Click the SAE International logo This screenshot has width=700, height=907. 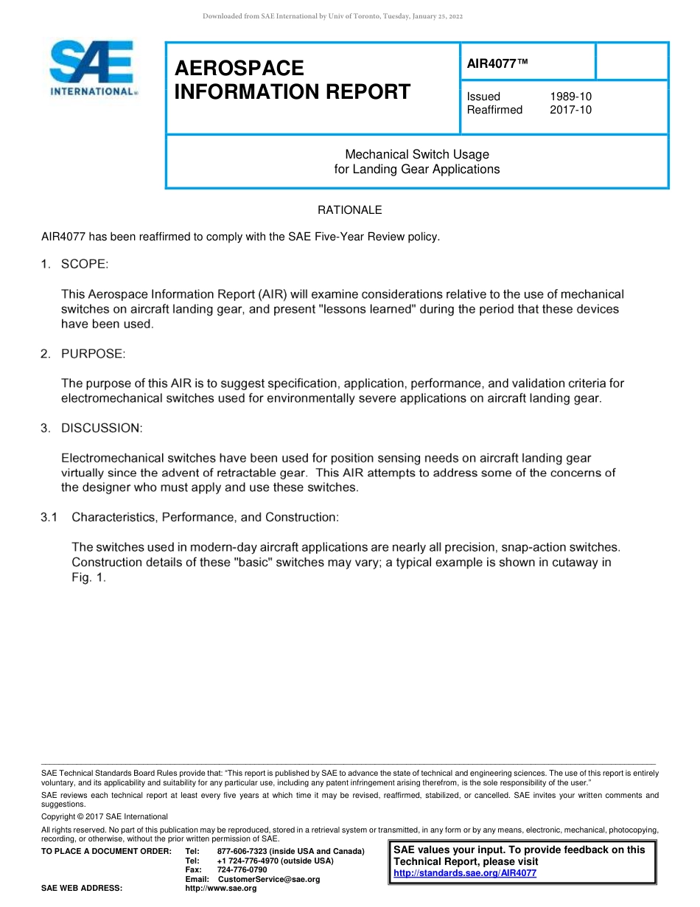click(92, 69)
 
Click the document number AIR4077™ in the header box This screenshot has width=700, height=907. click(498, 64)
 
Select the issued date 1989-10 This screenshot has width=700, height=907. click(570, 97)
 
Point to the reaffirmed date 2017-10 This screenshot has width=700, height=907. click(570, 110)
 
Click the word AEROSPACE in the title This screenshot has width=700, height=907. click(239, 69)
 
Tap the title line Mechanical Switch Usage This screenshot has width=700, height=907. click(417, 154)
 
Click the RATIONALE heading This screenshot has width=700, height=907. click(349, 210)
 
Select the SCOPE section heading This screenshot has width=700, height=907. click(85, 264)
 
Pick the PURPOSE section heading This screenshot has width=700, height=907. click(94, 354)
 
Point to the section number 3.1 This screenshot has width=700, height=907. click(49, 518)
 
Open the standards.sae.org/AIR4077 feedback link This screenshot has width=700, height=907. click(465, 873)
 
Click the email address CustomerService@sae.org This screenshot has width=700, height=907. click(269, 879)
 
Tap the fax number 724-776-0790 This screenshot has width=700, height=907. click(242, 870)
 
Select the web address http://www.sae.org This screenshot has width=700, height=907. click(221, 889)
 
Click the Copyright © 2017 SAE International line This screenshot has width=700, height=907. click(105, 816)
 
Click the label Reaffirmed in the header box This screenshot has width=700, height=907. click(494, 110)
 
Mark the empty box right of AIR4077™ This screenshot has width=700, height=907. click(631, 61)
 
